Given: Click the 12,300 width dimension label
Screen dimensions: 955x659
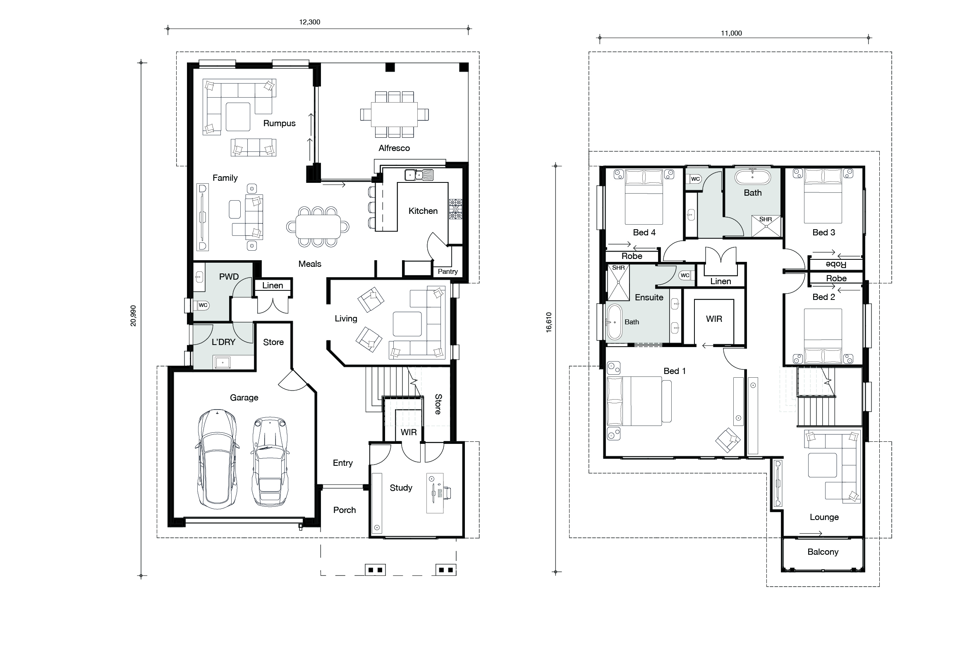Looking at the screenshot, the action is click(309, 22).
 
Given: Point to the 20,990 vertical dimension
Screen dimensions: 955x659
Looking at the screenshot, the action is click(133, 316).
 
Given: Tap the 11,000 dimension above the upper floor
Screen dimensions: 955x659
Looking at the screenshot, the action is click(731, 33).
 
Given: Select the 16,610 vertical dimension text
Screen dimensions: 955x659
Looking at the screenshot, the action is click(549, 322).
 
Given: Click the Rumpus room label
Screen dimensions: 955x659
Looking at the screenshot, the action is click(280, 123).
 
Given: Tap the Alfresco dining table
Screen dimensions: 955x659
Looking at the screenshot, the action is click(394, 115).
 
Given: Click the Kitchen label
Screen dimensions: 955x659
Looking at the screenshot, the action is click(423, 211).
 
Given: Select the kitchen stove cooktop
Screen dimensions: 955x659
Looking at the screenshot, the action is click(455, 209).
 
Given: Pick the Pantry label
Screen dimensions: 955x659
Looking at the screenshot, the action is click(448, 271).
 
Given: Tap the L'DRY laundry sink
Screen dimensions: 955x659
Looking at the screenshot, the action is click(223, 362).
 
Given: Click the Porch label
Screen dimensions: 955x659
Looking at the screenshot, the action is click(345, 510).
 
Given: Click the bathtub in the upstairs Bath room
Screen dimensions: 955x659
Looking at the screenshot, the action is click(753, 178).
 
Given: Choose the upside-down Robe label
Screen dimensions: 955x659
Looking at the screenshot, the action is click(836, 264).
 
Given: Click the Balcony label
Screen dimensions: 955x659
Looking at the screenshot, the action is click(823, 552).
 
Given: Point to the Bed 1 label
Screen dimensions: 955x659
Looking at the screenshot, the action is click(675, 371).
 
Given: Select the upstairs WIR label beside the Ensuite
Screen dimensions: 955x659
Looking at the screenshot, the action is click(714, 319).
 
